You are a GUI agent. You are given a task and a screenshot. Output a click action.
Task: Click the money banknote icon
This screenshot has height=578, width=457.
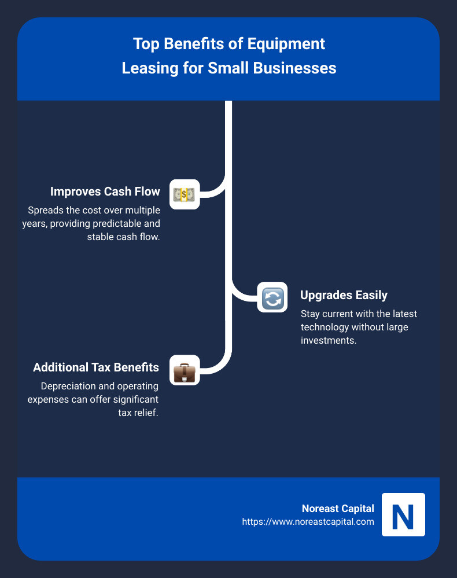pyautogui.click(x=185, y=194)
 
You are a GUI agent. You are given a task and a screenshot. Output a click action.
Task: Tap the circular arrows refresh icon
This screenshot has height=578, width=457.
pyautogui.click(x=272, y=297)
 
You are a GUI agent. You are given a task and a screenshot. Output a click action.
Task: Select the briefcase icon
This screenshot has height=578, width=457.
pyautogui.click(x=185, y=370)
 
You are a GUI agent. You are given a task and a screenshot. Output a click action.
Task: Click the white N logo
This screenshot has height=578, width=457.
pyautogui.click(x=403, y=515)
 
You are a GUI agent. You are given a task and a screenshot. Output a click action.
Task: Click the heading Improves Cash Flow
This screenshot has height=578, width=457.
pyautogui.click(x=105, y=192)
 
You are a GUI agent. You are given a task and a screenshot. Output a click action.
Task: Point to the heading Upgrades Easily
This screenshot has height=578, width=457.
pyautogui.click(x=344, y=295)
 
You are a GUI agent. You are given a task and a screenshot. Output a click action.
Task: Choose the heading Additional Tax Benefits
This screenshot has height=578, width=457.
pyautogui.click(x=96, y=367)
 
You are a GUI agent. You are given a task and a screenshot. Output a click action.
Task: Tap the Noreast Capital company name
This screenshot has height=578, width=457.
pyautogui.click(x=338, y=509)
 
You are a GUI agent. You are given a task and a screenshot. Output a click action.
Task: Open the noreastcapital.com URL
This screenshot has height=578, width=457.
pyautogui.click(x=308, y=522)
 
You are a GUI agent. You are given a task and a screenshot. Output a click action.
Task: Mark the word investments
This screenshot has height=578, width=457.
pyautogui.click(x=327, y=340)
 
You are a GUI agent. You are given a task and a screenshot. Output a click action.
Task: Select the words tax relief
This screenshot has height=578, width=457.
pyautogui.click(x=137, y=413)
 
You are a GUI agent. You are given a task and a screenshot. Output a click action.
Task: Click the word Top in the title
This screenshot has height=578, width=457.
pyautogui.click(x=145, y=44)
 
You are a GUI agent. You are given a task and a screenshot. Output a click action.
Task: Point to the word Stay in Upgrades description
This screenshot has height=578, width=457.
pyautogui.click(x=311, y=314)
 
